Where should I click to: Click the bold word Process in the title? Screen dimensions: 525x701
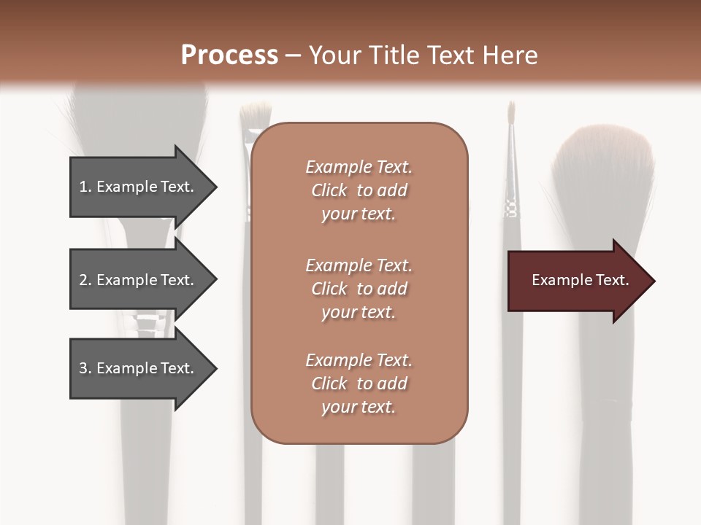(x=229, y=55)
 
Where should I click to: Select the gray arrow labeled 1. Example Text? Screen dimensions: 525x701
(x=139, y=187)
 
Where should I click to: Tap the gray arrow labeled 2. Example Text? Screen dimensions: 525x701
(x=139, y=280)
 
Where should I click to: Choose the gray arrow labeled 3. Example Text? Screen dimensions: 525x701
(x=139, y=368)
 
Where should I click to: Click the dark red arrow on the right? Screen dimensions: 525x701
(x=577, y=281)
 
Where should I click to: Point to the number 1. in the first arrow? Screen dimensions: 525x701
(x=85, y=187)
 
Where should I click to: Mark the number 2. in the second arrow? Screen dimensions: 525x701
(x=85, y=280)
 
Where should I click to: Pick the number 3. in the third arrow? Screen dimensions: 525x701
(x=85, y=368)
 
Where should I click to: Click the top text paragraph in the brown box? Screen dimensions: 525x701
(x=359, y=190)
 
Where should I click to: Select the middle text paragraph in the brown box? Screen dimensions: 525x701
(x=359, y=289)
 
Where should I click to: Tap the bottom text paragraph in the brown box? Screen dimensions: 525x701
(x=359, y=384)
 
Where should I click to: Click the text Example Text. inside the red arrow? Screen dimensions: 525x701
(x=580, y=280)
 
